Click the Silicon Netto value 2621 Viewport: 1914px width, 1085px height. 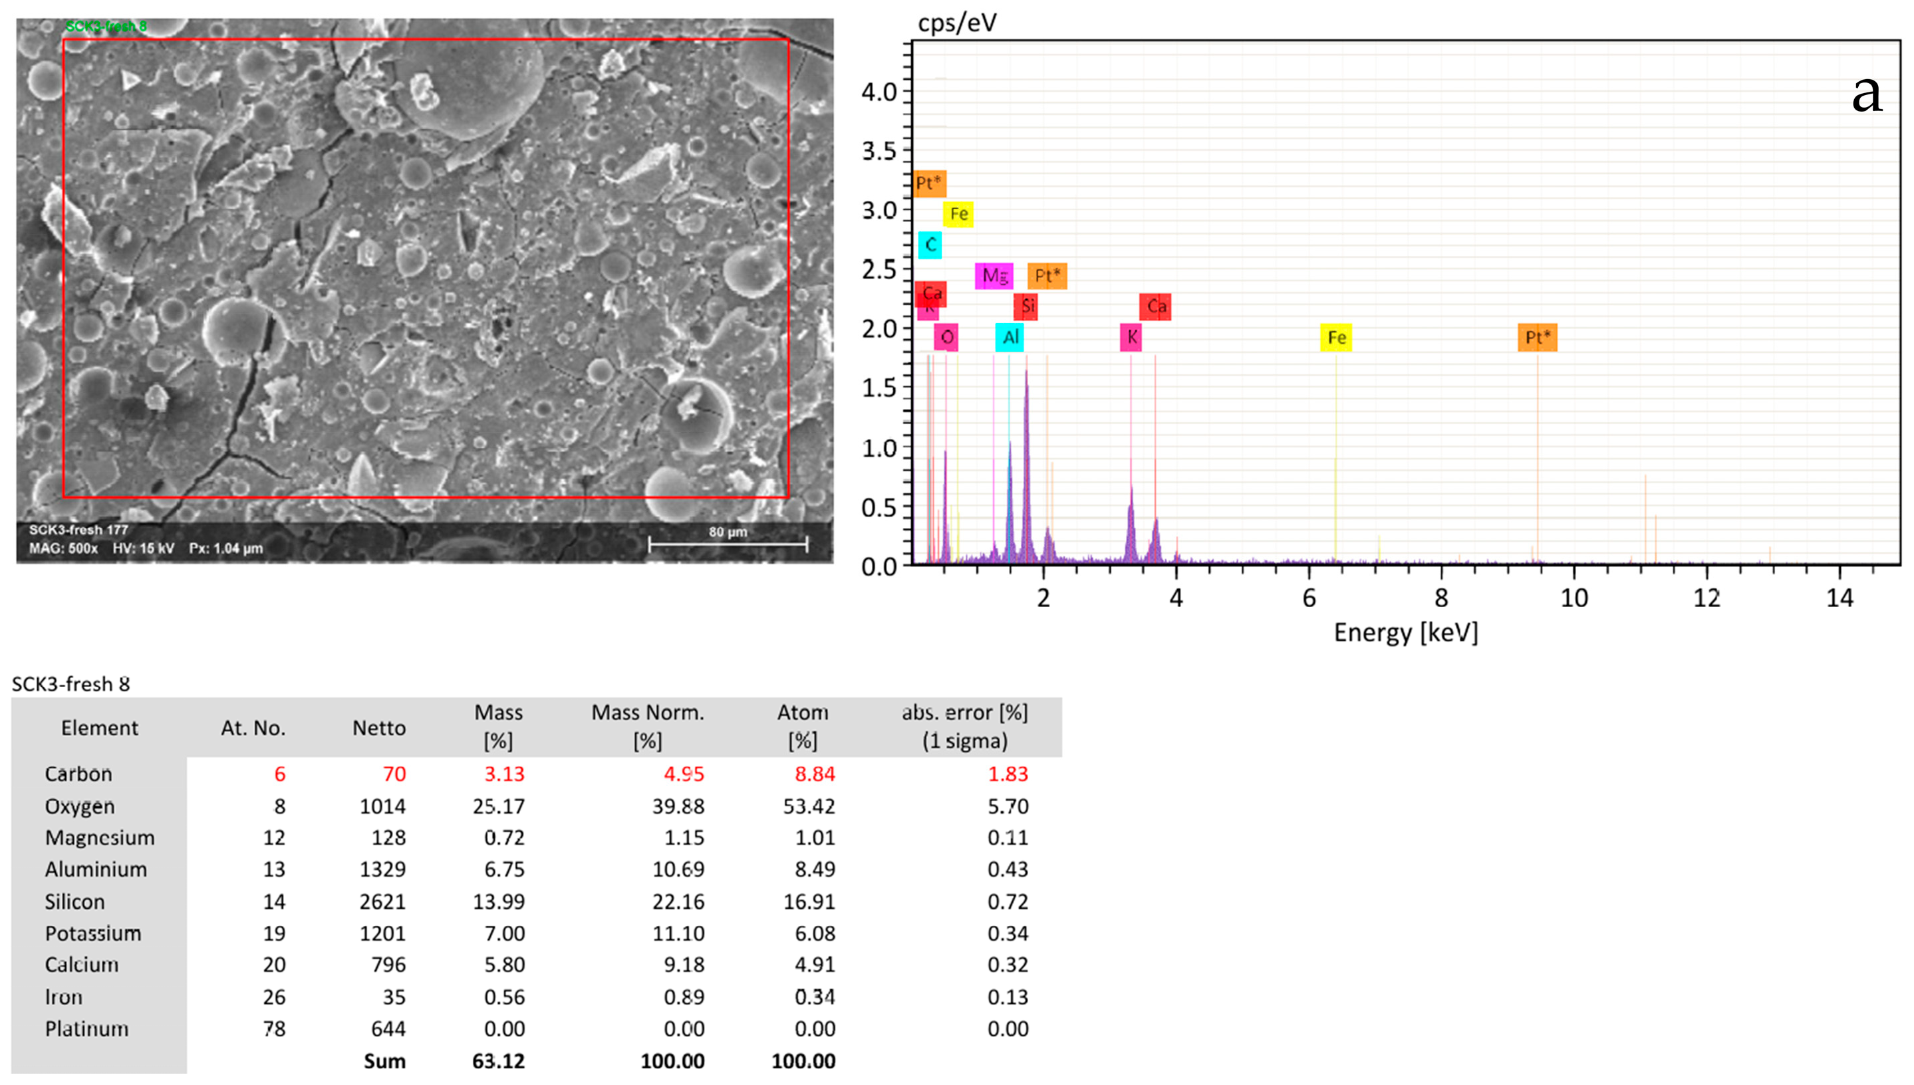[382, 902]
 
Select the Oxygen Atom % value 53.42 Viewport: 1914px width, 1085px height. [809, 806]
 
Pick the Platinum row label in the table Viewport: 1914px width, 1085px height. [86, 1029]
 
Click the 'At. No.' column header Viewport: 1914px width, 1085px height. [253, 728]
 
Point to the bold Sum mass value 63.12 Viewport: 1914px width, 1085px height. [498, 1061]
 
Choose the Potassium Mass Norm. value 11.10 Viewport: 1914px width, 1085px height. [678, 933]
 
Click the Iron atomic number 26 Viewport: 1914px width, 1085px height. [273, 997]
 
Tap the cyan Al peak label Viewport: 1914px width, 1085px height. [1010, 338]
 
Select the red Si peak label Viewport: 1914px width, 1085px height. [1026, 306]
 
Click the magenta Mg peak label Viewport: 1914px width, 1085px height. [994, 276]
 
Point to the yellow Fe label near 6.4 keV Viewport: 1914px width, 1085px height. [1335, 338]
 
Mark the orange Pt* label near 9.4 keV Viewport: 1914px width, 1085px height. [1537, 338]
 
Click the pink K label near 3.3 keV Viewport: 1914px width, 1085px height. [1131, 338]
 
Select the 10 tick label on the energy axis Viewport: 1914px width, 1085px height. [1573, 598]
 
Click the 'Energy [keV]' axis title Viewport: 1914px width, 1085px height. [1406, 633]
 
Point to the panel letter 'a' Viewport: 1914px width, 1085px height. [1866, 94]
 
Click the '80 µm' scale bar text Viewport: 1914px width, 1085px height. [728, 532]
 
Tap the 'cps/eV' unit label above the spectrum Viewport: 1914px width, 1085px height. [956, 23]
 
